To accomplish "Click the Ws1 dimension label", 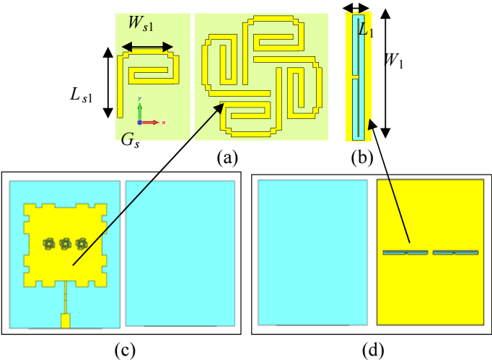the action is click(141, 24).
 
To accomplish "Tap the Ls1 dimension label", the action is click(82, 95).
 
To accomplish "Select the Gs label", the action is click(131, 140).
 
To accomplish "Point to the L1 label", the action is click(366, 31).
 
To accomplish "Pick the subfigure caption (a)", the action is click(227, 157).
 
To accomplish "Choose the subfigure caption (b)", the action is click(362, 157).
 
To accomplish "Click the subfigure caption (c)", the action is click(126, 351).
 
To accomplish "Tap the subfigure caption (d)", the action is click(374, 351).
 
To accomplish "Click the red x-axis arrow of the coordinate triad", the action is click(151, 123).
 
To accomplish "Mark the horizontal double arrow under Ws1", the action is click(147, 48).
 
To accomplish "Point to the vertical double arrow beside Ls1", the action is click(108, 82).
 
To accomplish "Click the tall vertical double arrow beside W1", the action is click(386, 74).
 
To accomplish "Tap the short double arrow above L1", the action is click(356, 7).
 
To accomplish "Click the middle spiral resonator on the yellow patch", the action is click(65, 244).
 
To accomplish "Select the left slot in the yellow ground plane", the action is click(405, 253).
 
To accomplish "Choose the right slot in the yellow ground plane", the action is click(456, 253).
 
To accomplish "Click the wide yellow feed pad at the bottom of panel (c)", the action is click(65, 321).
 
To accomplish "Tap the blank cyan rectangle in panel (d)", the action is click(313, 253).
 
